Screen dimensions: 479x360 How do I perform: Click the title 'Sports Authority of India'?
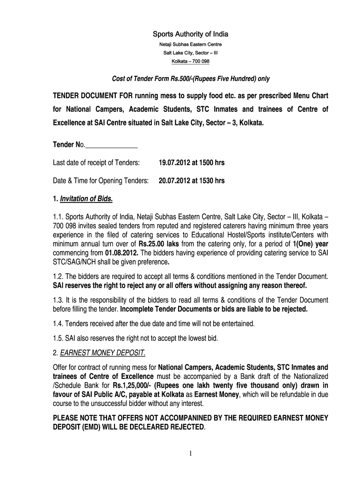click(185, 34)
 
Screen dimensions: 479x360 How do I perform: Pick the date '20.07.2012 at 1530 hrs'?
click(192, 181)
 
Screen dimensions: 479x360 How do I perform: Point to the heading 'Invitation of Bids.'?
click(86, 199)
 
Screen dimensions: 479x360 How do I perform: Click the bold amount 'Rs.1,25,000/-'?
click(132, 385)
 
